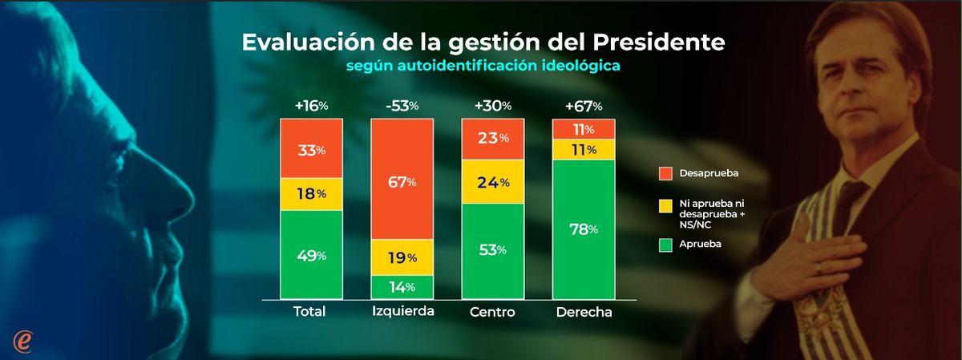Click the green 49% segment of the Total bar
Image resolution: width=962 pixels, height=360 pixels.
click(311, 255)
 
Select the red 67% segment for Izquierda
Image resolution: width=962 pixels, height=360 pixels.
click(402, 180)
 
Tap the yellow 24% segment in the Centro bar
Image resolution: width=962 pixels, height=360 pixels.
click(492, 181)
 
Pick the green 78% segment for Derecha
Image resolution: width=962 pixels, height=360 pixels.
click(584, 228)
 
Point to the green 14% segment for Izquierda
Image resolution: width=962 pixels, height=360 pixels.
click(402, 287)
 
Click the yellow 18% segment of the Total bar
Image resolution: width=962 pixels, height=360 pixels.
click(311, 193)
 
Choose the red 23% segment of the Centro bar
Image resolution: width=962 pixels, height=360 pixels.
click(492, 138)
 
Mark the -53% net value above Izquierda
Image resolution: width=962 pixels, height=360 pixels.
click(401, 106)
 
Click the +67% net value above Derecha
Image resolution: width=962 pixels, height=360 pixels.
click(583, 106)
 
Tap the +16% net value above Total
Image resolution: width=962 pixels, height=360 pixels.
click(311, 106)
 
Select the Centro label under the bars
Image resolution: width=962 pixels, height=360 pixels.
click(492, 312)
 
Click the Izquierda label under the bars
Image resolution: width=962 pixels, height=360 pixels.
click(402, 311)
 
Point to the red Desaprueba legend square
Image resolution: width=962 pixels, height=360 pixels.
click(665, 172)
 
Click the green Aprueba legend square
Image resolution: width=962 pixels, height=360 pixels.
click(665, 244)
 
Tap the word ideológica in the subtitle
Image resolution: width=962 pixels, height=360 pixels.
click(576, 67)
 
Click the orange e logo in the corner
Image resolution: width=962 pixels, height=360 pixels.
click(23, 340)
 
